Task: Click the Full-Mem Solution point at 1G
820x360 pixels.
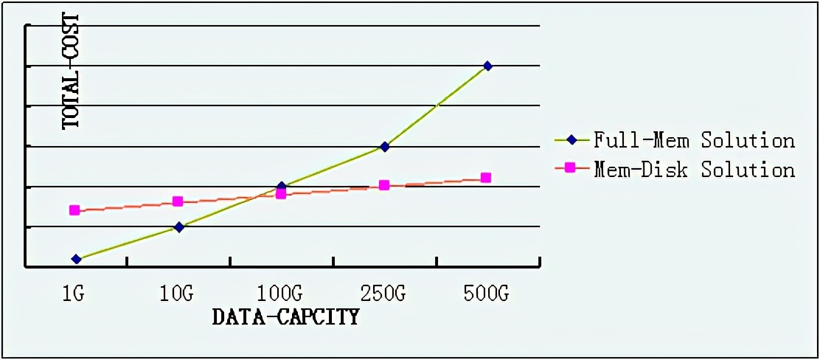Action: pyautogui.click(x=76, y=259)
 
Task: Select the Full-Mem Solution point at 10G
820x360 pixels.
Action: pyautogui.click(x=178, y=226)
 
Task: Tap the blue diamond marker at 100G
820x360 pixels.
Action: pyautogui.click(x=281, y=186)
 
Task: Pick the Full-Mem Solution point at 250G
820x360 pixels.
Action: pyautogui.click(x=384, y=146)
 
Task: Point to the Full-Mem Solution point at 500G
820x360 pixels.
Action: pyautogui.click(x=487, y=66)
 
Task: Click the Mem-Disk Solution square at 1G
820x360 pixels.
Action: pyautogui.click(x=74, y=210)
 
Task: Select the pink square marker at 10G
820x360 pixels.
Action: pyautogui.click(x=178, y=201)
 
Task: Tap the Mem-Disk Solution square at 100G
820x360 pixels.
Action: pyautogui.click(x=281, y=194)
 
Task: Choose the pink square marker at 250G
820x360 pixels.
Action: pyautogui.click(x=384, y=185)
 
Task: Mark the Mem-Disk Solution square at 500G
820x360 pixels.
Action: pyautogui.click(x=486, y=178)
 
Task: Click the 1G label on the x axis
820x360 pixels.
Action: pyautogui.click(x=74, y=294)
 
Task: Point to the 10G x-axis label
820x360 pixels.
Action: pyautogui.click(x=177, y=294)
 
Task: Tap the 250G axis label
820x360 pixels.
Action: pyautogui.click(x=383, y=294)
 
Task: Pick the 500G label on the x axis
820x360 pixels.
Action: pyautogui.click(x=487, y=294)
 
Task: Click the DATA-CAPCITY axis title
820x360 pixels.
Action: pyautogui.click(x=285, y=317)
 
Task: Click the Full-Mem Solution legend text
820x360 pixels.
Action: pyautogui.click(x=694, y=139)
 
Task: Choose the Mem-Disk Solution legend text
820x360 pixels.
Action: pyautogui.click(x=694, y=169)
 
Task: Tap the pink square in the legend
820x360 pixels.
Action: pyautogui.click(x=569, y=169)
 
